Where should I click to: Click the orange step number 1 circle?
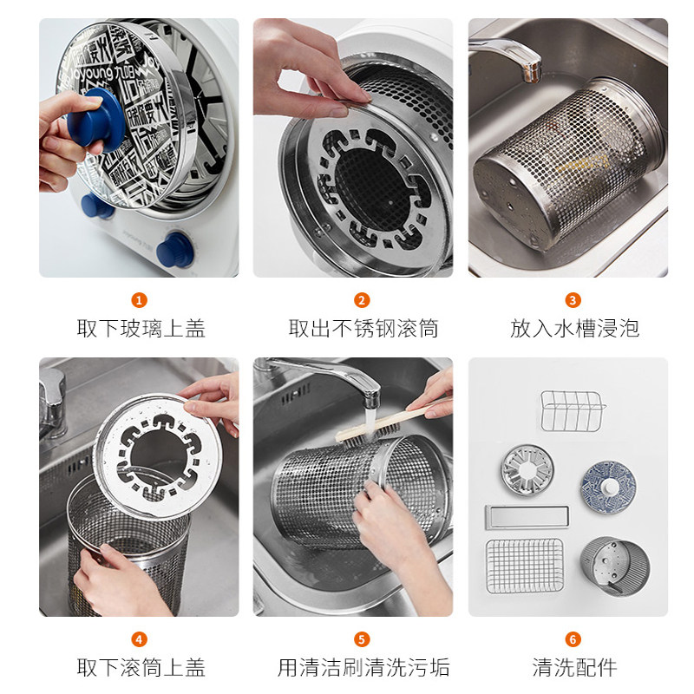139,300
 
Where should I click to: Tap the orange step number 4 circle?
139,639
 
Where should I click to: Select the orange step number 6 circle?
573,639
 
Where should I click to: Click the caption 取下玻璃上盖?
141,329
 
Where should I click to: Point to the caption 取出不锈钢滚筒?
363,329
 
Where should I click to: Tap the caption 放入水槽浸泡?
573,329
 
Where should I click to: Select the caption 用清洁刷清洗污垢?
363,667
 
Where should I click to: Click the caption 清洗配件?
573,667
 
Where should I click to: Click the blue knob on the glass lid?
95,116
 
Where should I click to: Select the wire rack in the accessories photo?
572,410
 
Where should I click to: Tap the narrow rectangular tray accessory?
526,517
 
